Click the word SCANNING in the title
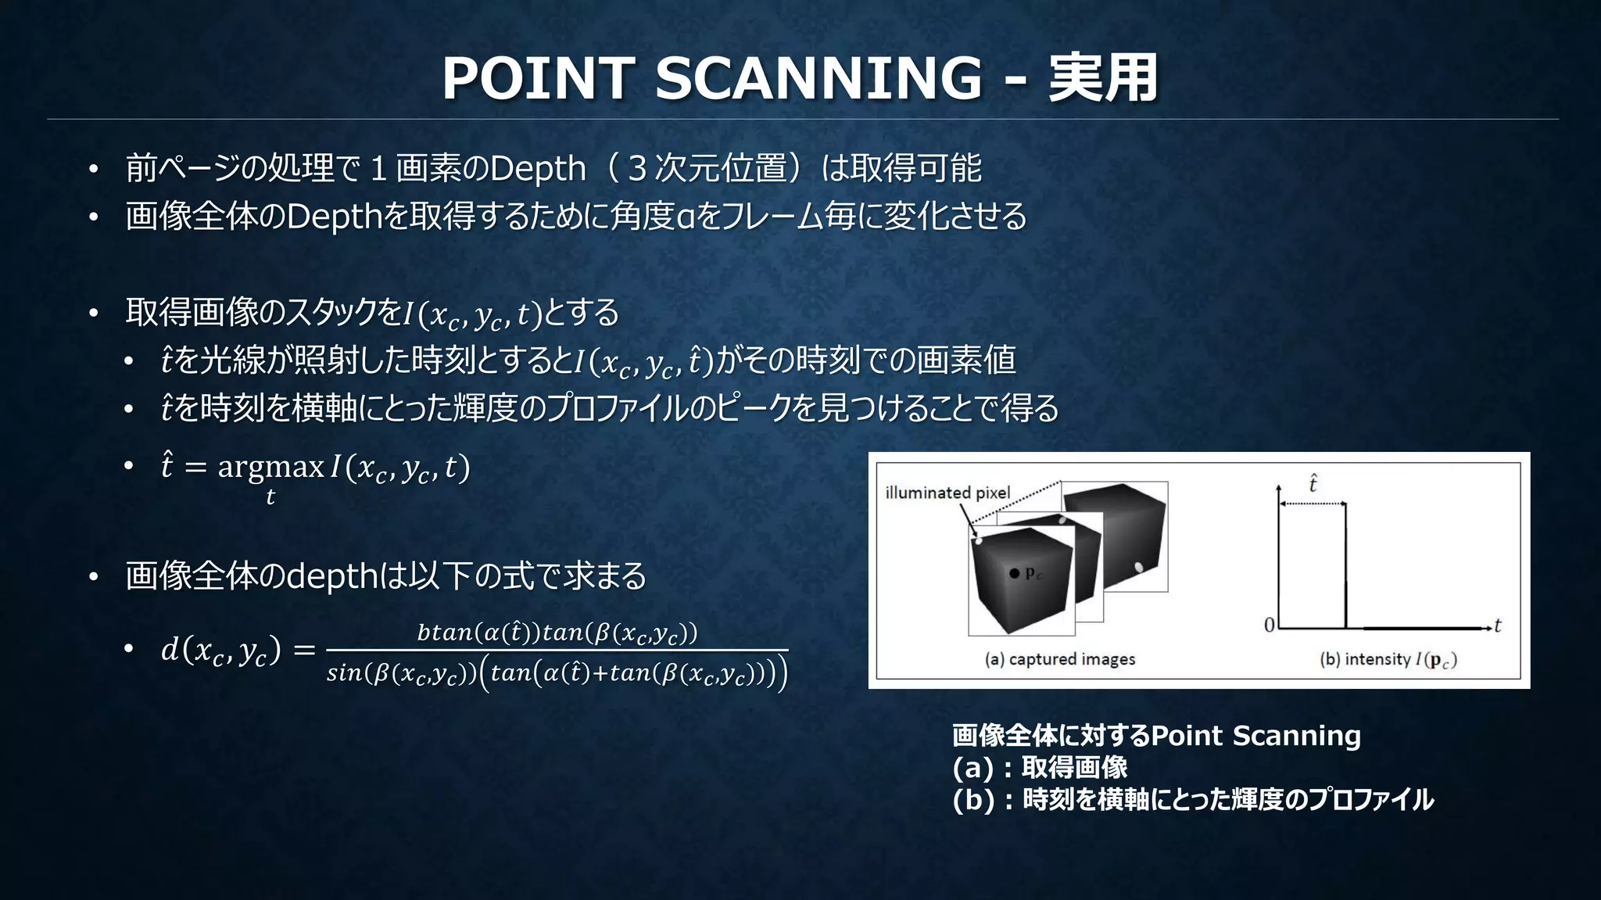tap(818, 78)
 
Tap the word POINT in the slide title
tap(538, 78)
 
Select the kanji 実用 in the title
tap(1103, 78)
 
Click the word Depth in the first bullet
tap(537, 169)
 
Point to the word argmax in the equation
tap(270, 467)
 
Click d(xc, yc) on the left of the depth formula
tap(220, 650)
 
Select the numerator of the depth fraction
tap(557, 632)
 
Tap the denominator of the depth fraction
tap(557, 672)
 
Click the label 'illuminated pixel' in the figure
tap(947, 493)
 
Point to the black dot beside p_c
tap(1014, 573)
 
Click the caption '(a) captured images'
tap(1060, 659)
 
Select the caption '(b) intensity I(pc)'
tap(1388, 659)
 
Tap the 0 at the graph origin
tap(1269, 625)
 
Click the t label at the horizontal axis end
tap(1497, 626)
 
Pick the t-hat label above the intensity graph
tap(1313, 484)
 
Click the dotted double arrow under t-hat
tap(1313, 504)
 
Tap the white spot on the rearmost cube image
tap(1138, 567)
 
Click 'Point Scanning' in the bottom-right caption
tap(1256, 736)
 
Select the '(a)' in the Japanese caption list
tap(972, 768)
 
